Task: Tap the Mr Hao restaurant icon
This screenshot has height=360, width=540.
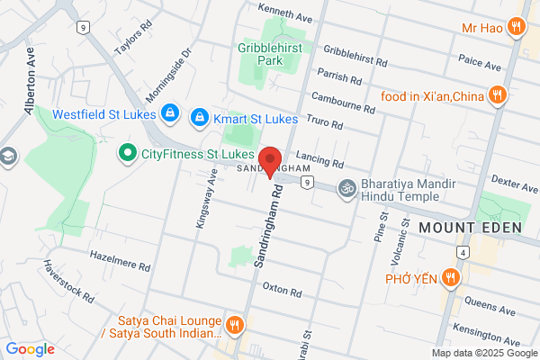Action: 516,27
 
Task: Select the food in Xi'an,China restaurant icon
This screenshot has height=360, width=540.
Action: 495,94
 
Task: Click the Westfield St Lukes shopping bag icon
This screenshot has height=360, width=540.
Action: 168,113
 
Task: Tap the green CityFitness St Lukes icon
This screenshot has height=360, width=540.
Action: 127,154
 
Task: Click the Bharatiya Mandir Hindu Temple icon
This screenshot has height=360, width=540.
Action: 346,189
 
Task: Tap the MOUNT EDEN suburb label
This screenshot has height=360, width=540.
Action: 469,228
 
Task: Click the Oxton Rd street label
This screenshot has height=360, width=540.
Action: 282,288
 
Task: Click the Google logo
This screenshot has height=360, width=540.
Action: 31,348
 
